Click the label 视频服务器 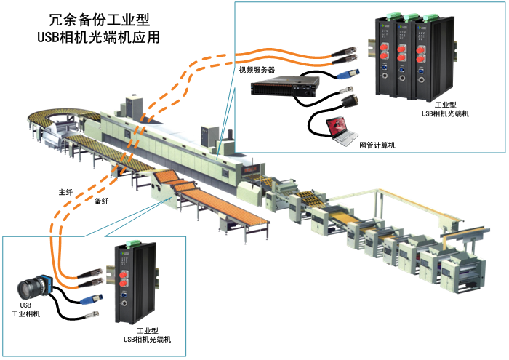coord(257,71)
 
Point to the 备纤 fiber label coord(102,201)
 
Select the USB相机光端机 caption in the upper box coord(446,113)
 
